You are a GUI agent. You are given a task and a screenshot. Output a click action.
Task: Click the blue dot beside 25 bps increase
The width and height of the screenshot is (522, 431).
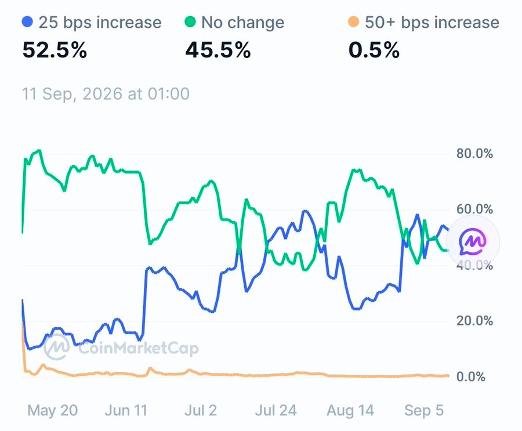click(x=27, y=22)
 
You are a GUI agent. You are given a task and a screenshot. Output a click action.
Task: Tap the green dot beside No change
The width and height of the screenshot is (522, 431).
click(x=190, y=22)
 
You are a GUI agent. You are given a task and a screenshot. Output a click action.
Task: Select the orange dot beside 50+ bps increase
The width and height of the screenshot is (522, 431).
click(x=353, y=22)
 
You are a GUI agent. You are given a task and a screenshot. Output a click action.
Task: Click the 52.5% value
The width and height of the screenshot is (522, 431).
click(x=55, y=50)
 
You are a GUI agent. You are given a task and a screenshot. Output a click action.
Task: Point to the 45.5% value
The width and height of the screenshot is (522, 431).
click(x=217, y=50)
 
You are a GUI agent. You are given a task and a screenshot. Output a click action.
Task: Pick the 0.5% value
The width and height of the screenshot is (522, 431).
click(x=374, y=50)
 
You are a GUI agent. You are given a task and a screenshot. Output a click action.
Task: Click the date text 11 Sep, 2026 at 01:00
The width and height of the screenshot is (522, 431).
click(x=106, y=94)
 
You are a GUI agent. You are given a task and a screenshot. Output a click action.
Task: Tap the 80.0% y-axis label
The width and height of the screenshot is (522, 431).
click(x=474, y=154)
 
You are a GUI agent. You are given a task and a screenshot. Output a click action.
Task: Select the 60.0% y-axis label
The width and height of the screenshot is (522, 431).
click(x=474, y=209)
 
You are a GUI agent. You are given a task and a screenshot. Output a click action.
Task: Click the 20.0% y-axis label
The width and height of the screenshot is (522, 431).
click(x=474, y=321)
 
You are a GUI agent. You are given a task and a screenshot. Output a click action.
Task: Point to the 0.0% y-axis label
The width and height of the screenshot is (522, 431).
click(x=471, y=376)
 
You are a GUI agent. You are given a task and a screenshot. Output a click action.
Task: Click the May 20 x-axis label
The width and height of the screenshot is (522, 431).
click(x=53, y=410)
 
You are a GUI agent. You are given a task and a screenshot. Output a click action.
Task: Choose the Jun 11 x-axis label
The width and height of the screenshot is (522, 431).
click(x=126, y=410)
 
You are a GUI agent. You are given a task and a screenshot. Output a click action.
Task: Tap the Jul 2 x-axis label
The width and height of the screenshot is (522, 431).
click(x=201, y=410)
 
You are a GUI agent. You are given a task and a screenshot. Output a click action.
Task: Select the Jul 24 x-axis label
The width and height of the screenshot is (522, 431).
click(x=275, y=410)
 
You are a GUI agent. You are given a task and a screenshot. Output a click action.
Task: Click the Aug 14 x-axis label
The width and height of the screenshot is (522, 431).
click(x=350, y=410)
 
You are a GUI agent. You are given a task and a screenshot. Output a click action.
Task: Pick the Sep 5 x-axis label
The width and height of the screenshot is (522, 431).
click(x=424, y=410)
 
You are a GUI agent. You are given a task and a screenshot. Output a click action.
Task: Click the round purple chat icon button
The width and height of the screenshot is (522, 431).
click(x=473, y=241)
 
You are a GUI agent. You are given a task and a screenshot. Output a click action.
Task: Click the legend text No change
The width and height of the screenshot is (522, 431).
click(x=242, y=23)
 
